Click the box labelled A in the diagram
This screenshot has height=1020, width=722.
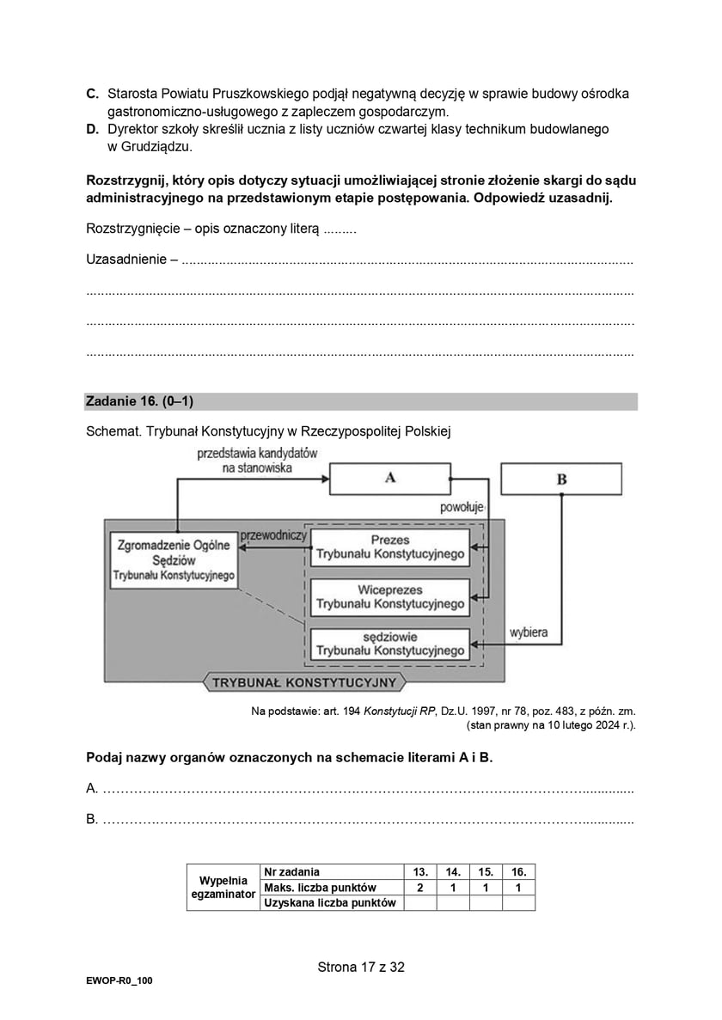(x=389, y=479)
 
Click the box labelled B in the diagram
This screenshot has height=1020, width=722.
(x=561, y=479)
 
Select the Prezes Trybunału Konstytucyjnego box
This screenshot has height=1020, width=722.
(x=389, y=547)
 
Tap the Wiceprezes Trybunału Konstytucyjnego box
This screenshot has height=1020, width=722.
(x=389, y=597)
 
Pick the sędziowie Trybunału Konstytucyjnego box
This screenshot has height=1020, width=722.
(x=389, y=644)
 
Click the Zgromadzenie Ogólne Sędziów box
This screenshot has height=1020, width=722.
(x=174, y=559)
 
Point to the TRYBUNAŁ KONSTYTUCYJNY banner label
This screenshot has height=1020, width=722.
(x=303, y=683)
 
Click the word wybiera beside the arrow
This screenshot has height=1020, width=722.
(x=529, y=633)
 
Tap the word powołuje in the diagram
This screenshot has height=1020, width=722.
(x=463, y=508)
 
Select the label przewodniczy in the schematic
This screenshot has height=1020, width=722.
(x=273, y=534)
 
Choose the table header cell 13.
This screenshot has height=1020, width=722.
(x=420, y=871)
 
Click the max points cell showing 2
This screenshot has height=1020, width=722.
(x=420, y=887)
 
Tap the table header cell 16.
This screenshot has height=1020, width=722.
(x=518, y=871)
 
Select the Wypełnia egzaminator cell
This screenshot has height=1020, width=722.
(x=223, y=887)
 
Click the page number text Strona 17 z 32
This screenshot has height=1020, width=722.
(x=361, y=967)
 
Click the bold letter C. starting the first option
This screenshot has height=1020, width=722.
(x=92, y=93)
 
